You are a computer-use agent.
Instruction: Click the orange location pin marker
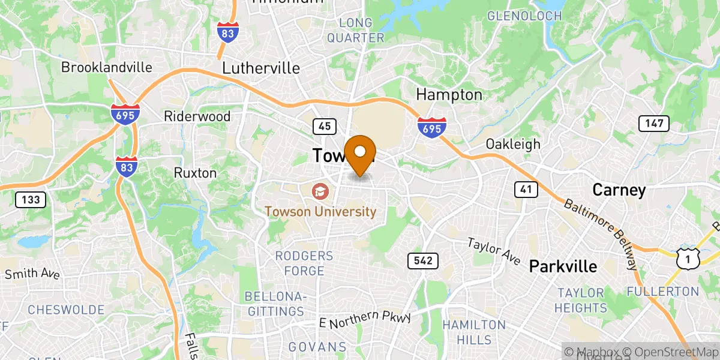tap(360, 154)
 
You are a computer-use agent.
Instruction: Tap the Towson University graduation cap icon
tap(319, 192)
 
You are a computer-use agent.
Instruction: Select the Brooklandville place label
tap(107, 67)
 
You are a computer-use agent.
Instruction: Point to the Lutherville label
tap(261, 68)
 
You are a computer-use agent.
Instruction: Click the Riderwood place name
tap(198, 116)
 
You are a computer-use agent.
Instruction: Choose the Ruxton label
tap(195, 173)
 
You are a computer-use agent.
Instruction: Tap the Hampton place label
tap(449, 95)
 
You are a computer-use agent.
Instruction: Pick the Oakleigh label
tap(513, 144)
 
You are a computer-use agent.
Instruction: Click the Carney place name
tap(619, 191)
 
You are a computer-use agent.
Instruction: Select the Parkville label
tap(563, 266)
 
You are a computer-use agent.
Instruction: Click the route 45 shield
tap(323, 126)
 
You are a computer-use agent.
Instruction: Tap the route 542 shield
tap(422, 261)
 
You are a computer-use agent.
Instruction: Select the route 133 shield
tap(31, 200)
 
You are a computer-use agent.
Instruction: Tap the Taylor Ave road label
tap(494, 251)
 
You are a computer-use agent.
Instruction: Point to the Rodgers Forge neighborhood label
tap(304, 263)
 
